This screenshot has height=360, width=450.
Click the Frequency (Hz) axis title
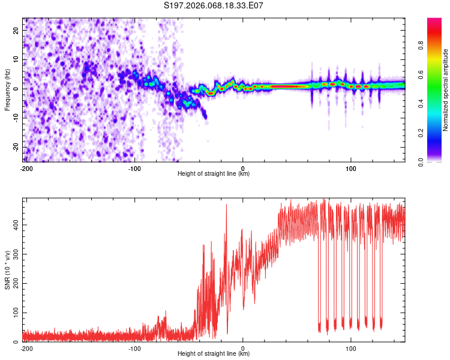point(7,89)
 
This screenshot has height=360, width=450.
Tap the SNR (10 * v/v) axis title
point(7,270)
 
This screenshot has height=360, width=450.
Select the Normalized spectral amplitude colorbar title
point(446,89)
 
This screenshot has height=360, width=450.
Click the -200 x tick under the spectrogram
point(26,168)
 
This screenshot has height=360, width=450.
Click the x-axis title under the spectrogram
point(214,174)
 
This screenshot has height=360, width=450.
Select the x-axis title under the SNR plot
point(214,354)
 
